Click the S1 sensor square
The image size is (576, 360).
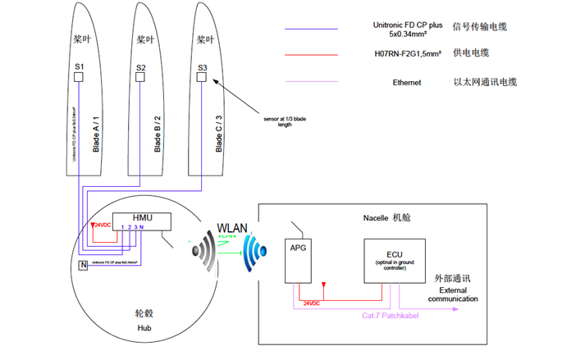click(79, 77)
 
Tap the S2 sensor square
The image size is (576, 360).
click(140, 77)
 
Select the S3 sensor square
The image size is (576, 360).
click(201, 77)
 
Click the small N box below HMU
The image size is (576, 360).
click(83, 265)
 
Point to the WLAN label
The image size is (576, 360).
click(234, 226)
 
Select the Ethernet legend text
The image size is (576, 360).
click(406, 83)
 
